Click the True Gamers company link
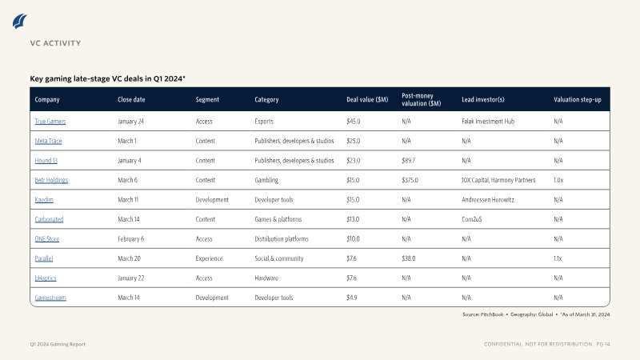[50, 122]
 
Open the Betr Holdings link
[51, 180]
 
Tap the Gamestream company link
[50, 298]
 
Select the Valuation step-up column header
[577, 99]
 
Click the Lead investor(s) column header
[483, 99]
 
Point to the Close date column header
[131, 99]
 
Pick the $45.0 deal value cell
[354, 122]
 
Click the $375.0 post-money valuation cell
[410, 180]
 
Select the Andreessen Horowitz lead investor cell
[488, 199]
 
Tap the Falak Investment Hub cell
[488, 122]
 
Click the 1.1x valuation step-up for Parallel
[558, 258]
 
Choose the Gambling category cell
[266, 180]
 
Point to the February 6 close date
[130, 238]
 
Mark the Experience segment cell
[209, 258]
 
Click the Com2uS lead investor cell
[471, 219]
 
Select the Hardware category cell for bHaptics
[266, 278]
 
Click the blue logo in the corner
[19, 22]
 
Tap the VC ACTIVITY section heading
[55, 43]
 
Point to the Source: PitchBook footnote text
[483, 314]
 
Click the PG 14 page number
[603, 344]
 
